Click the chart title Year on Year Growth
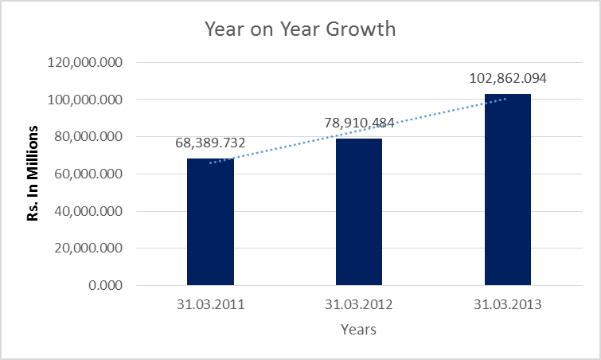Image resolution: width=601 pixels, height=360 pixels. [300, 30]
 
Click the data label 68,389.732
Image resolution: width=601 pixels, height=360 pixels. [210, 143]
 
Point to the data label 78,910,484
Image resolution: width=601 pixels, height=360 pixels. [359, 123]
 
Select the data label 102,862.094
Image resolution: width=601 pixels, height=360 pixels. [508, 79]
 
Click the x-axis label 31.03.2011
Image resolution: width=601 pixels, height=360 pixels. [210, 305]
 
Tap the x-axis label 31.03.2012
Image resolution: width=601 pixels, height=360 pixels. [359, 305]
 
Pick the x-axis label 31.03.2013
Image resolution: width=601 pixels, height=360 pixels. [508, 305]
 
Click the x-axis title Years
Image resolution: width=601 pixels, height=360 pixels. [358, 329]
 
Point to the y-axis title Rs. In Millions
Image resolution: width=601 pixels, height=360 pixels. [33, 173]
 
